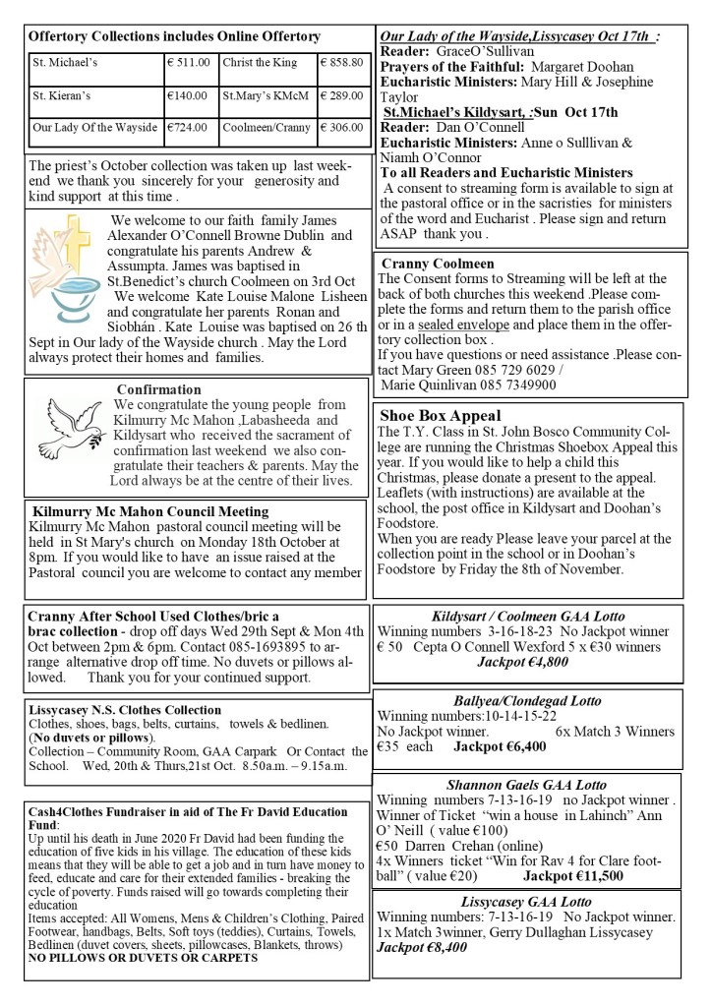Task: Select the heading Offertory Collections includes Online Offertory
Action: pyautogui.click(x=174, y=36)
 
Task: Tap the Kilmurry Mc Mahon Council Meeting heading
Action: pyautogui.click(x=149, y=511)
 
